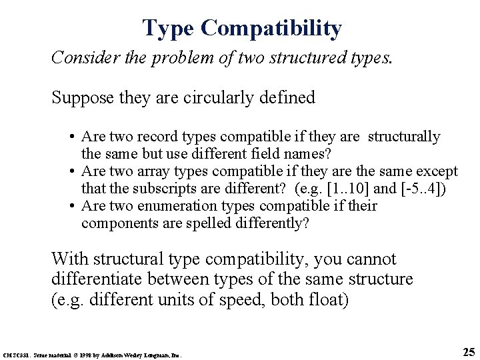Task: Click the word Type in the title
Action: (168, 28)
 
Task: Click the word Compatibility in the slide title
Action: (271, 28)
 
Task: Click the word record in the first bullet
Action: (150, 137)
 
